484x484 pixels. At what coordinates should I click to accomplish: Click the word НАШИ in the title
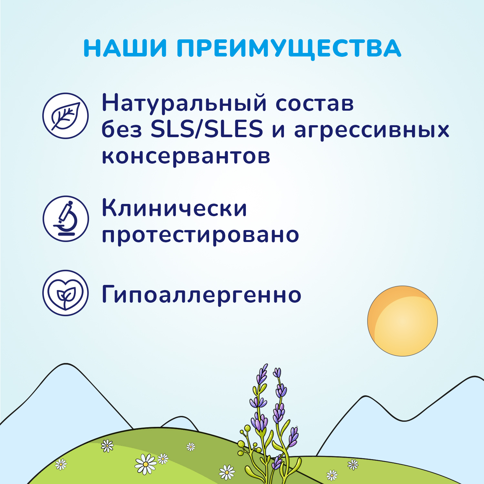click(125, 48)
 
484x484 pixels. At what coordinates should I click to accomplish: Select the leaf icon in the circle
click(66, 116)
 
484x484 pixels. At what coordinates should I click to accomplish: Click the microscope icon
click(66, 218)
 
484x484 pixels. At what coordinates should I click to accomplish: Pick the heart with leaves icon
click(66, 293)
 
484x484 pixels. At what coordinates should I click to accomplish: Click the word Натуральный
click(184, 104)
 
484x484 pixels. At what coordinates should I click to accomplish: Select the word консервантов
click(186, 156)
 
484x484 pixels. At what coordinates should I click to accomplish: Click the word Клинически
click(174, 208)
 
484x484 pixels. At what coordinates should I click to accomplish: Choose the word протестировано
click(200, 235)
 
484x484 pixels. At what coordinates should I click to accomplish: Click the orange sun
click(402, 321)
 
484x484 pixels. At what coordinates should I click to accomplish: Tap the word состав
click(315, 104)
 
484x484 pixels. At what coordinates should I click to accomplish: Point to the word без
click(122, 129)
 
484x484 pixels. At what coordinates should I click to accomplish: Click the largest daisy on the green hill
click(145, 464)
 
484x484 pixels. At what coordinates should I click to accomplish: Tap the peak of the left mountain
click(66, 364)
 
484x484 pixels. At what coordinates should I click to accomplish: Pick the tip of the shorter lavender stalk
click(277, 371)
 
